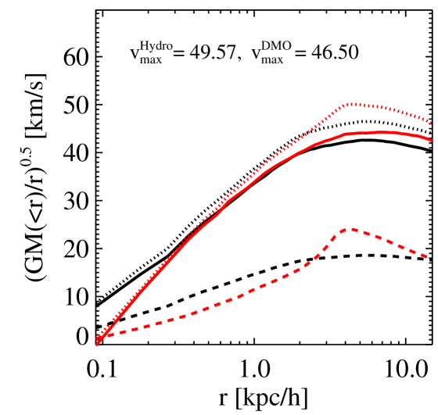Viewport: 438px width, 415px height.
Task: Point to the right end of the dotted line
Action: point(431,122)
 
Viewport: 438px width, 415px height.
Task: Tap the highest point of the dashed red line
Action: point(349,229)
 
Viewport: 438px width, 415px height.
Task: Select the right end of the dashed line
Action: point(427,257)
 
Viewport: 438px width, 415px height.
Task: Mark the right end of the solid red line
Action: point(431,140)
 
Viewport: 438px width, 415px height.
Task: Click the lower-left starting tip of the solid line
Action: point(97,344)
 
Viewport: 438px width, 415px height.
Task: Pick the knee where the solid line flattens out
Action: point(346,134)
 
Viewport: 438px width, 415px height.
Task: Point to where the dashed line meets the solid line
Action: point(103,335)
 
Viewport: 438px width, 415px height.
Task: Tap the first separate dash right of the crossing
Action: point(124,331)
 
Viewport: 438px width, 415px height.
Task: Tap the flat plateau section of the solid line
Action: point(383,133)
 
